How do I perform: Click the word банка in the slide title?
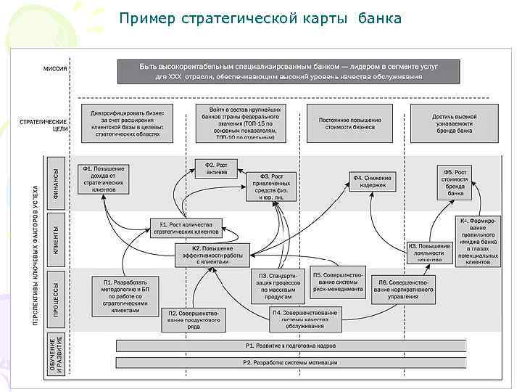(379, 17)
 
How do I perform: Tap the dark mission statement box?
(289, 71)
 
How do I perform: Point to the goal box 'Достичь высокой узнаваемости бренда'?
(454, 121)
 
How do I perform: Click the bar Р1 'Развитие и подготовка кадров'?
(290, 346)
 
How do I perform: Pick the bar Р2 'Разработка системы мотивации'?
(290, 363)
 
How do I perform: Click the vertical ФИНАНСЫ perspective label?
(57, 182)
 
